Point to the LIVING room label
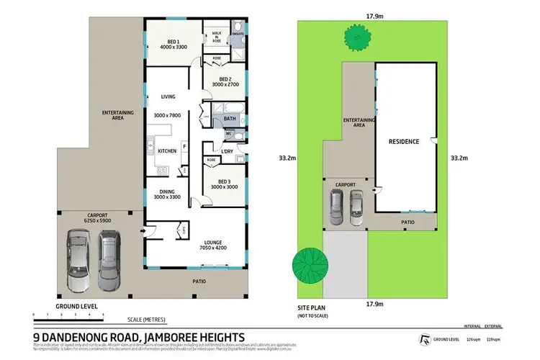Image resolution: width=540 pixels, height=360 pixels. pos(168,96)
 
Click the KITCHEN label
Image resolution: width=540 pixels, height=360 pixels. pos(168,150)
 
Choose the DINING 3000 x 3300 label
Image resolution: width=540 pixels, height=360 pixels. pos(167,194)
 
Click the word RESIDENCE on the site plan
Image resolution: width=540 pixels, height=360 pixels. pos(404,142)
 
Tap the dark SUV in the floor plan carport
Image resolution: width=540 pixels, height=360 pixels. pos(108,261)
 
